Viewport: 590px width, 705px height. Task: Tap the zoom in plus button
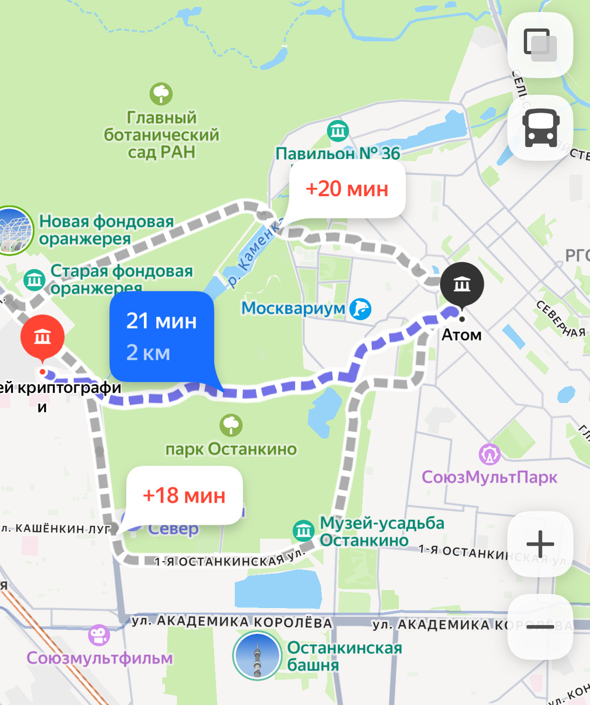point(540,544)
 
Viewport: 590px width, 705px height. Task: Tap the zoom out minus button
point(540,627)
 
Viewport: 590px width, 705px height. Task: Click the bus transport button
point(540,129)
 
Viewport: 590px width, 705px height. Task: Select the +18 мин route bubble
point(184,495)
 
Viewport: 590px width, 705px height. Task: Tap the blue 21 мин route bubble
point(161,337)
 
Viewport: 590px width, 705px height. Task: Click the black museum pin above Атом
point(462,285)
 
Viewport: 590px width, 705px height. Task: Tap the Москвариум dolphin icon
point(360,308)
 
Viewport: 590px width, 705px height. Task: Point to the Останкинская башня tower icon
point(257,656)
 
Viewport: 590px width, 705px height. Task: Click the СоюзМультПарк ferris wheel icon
point(489,454)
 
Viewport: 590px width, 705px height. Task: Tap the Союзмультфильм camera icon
point(99,634)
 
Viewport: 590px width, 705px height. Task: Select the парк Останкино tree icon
point(230,424)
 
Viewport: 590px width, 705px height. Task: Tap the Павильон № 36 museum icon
point(338,131)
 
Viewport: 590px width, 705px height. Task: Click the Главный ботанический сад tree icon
point(161,93)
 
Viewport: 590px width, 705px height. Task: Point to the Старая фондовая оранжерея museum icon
point(35,279)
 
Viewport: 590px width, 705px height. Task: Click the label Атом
point(461,335)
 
